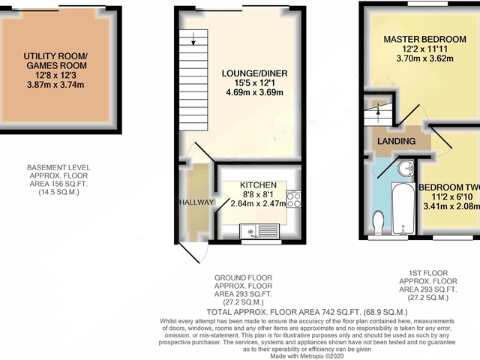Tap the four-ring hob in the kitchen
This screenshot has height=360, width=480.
click(294, 199)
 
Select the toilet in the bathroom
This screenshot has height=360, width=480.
click(379, 221)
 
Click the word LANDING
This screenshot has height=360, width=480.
click(397, 141)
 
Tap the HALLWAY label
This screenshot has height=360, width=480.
click(197, 202)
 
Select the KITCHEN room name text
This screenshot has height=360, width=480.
click(258, 184)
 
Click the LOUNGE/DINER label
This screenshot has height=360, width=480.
click(255, 73)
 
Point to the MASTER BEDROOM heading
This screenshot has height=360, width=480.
click(421, 39)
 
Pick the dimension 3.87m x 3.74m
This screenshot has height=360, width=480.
click(56, 85)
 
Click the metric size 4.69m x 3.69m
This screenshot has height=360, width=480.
click(255, 94)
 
